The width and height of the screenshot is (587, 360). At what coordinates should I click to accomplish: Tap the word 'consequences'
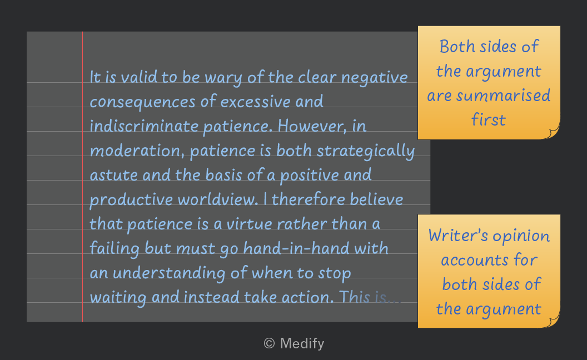pos(143,102)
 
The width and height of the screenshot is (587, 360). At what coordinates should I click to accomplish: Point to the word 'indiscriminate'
pos(144,126)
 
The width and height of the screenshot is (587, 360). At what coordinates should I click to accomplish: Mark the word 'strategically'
pos(366,151)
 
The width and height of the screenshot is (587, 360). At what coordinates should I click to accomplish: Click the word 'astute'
pos(114,175)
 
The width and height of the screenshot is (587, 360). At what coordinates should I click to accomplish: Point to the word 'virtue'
pos(250,224)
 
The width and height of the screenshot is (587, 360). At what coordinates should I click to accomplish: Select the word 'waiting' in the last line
pos(118,298)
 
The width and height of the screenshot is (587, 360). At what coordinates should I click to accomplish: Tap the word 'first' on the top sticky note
pos(489,120)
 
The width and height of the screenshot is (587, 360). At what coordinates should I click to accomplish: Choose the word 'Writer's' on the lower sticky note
pos(458,236)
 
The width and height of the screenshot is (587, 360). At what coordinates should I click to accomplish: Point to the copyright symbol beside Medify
pos(269,343)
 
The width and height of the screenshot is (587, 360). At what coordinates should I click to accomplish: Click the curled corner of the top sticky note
pos(554,133)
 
